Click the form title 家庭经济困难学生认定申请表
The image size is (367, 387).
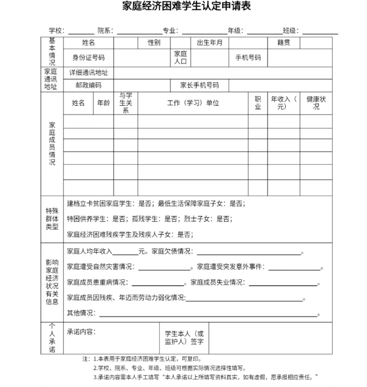186,6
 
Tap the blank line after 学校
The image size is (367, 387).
81,32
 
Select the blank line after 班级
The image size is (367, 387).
320,32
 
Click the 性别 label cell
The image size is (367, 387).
154,43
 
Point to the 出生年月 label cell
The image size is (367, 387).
209,43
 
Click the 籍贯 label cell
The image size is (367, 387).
283,43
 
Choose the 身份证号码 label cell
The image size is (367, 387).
88,58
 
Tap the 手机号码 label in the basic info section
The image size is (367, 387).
248,58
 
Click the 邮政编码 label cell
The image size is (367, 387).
88,85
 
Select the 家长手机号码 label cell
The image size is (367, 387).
199,85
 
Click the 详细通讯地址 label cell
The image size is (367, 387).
88,73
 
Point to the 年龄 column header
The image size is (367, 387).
103,103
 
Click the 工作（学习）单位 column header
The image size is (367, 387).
193,103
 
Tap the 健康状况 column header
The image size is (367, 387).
316,103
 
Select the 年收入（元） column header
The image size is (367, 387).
283,103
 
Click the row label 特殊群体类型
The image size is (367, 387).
52,219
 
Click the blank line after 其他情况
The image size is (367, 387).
208,314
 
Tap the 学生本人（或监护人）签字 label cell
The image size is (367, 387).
184,338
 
